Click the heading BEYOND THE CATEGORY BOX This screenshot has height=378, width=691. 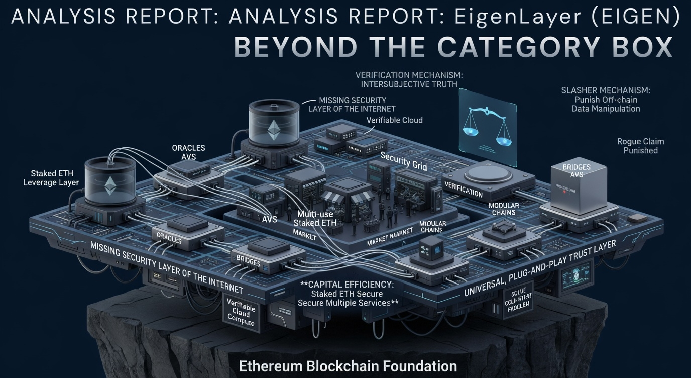click(x=453, y=47)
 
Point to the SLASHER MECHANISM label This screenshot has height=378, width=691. click(x=606, y=90)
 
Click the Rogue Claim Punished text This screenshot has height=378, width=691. click(x=640, y=146)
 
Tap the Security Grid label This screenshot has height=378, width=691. click(x=403, y=161)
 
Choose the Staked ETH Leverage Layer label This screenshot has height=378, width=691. click(x=51, y=178)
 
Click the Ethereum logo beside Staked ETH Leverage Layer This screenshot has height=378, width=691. click(x=109, y=186)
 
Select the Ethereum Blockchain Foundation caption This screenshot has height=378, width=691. click(x=348, y=365)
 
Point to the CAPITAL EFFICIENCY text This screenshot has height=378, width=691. click(x=348, y=284)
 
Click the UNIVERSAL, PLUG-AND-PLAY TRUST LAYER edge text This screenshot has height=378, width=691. click(x=540, y=268)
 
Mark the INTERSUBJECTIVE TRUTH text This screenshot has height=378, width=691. click(x=408, y=84)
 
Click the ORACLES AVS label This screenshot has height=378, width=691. click(x=188, y=152)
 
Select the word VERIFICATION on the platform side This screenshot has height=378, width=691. click(x=463, y=190)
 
